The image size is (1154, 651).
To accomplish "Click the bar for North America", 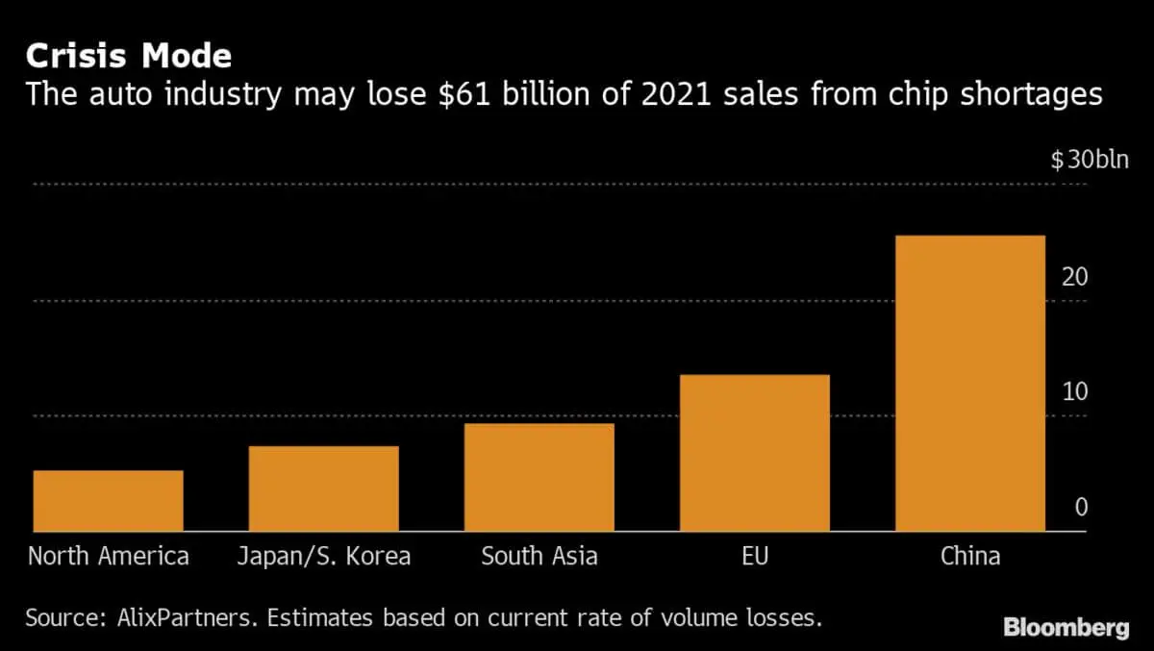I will pyautogui.click(x=108, y=500).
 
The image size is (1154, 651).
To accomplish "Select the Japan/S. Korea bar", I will pyautogui.click(x=323, y=488).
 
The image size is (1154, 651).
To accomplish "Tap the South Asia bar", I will pyautogui.click(x=539, y=477).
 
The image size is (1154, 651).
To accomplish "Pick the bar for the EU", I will pyautogui.click(x=755, y=452).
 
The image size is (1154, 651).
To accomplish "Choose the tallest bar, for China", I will pyautogui.click(x=969, y=383).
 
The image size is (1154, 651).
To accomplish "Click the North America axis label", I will pyautogui.click(x=108, y=556).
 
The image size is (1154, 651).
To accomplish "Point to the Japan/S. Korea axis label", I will pyautogui.click(x=323, y=556).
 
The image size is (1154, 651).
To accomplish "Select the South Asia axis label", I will pyautogui.click(x=539, y=556).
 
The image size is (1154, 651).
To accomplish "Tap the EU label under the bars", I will pyautogui.click(x=755, y=556).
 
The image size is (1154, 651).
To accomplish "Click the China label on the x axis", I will pyautogui.click(x=969, y=556).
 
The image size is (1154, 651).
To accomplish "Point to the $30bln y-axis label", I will pyautogui.click(x=1089, y=161).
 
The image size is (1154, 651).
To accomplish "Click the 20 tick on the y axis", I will pyautogui.click(x=1074, y=277).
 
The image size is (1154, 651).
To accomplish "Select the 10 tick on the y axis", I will pyautogui.click(x=1074, y=392).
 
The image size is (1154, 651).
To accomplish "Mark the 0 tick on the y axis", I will pyautogui.click(x=1081, y=508).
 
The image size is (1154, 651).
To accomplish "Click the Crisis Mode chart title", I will pyautogui.click(x=128, y=56).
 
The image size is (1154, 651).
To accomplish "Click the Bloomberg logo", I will pyautogui.click(x=1066, y=629).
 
